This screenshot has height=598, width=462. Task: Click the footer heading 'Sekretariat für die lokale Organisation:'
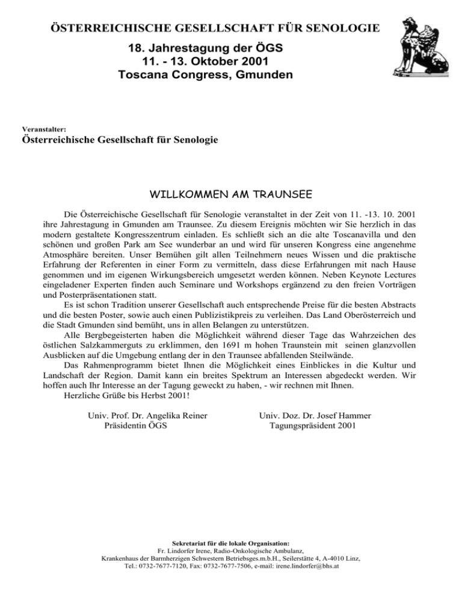click(231, 543)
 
